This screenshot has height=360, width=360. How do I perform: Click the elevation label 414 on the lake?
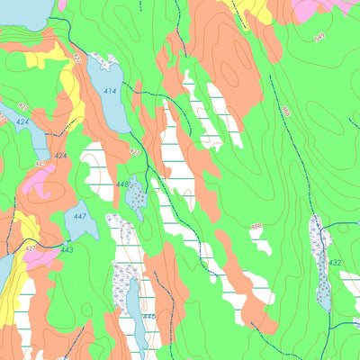109,92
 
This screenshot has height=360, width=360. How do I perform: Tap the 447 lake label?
79,216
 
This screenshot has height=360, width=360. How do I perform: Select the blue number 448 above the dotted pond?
122,184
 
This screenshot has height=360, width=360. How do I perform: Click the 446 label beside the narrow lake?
148,316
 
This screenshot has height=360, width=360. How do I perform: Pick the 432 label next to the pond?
335,263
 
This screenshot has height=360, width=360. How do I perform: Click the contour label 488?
286,110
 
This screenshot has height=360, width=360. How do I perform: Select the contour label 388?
256,226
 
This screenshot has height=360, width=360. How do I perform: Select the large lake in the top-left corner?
22,12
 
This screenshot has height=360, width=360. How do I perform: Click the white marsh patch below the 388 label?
261,244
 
